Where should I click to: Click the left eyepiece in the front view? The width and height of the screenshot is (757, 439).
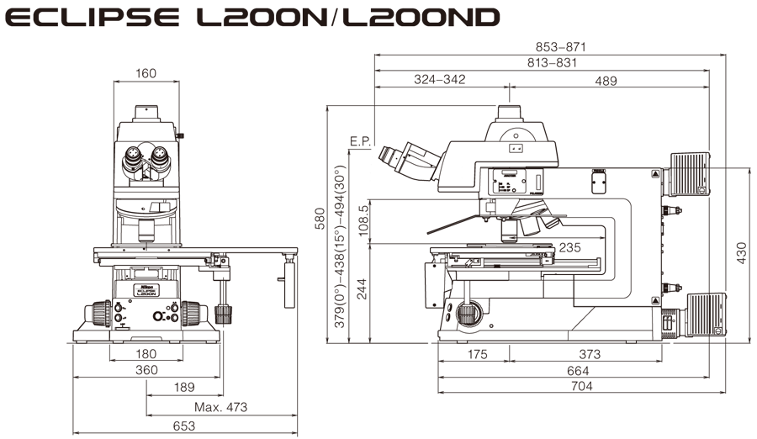(133, 156)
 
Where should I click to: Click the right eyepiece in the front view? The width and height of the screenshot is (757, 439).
(159, 156)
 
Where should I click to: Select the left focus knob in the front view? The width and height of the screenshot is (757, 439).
(101, 314)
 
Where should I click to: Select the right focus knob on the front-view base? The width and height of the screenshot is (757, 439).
(193, 314)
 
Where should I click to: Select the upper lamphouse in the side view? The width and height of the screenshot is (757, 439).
(686, 174)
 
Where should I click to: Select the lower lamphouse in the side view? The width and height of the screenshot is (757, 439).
(705, 315)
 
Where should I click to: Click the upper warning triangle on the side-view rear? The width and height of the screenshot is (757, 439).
(656, 173)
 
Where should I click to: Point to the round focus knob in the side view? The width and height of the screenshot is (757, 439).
(469, 313)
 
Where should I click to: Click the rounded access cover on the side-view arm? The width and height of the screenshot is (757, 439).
(599, 183)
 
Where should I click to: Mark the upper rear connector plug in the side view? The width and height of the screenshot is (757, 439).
(670, 210)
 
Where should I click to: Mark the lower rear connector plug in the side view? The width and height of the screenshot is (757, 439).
(670, 288)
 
